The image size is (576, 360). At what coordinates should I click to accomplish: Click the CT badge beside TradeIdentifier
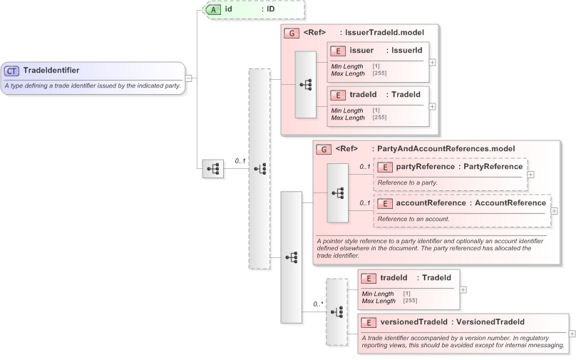12,71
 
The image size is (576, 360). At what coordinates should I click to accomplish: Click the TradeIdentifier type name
51,70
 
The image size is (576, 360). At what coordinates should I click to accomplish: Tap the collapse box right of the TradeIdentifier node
188,78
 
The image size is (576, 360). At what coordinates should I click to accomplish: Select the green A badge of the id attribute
213,9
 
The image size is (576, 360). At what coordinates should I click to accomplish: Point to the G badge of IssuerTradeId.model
291,33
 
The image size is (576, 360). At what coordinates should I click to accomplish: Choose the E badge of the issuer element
339,51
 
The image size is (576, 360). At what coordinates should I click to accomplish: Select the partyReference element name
425,167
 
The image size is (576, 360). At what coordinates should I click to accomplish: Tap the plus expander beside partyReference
530,173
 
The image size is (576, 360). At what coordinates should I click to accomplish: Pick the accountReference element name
431,203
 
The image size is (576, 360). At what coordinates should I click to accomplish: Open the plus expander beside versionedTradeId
572,334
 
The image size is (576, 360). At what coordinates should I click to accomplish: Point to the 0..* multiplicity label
319,304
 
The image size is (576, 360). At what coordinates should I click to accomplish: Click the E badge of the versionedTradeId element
369,322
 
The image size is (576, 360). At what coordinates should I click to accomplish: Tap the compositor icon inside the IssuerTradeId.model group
306,84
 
